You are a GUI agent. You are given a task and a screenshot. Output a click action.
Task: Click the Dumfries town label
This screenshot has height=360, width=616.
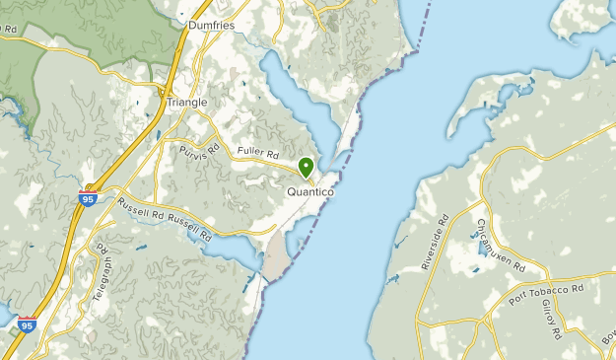click(211, 26)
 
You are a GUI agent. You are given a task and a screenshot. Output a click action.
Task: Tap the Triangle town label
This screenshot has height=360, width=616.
click(187, 102)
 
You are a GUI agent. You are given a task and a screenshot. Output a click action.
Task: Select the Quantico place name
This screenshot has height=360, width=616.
click(310, 192)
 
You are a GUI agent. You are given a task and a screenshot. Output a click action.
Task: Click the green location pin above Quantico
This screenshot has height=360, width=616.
click(307, 168)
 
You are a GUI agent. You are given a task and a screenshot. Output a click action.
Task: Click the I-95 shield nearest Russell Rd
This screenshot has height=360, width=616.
click(88, 198)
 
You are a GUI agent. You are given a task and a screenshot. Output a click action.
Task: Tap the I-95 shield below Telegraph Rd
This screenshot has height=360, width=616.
click(27, 324)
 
